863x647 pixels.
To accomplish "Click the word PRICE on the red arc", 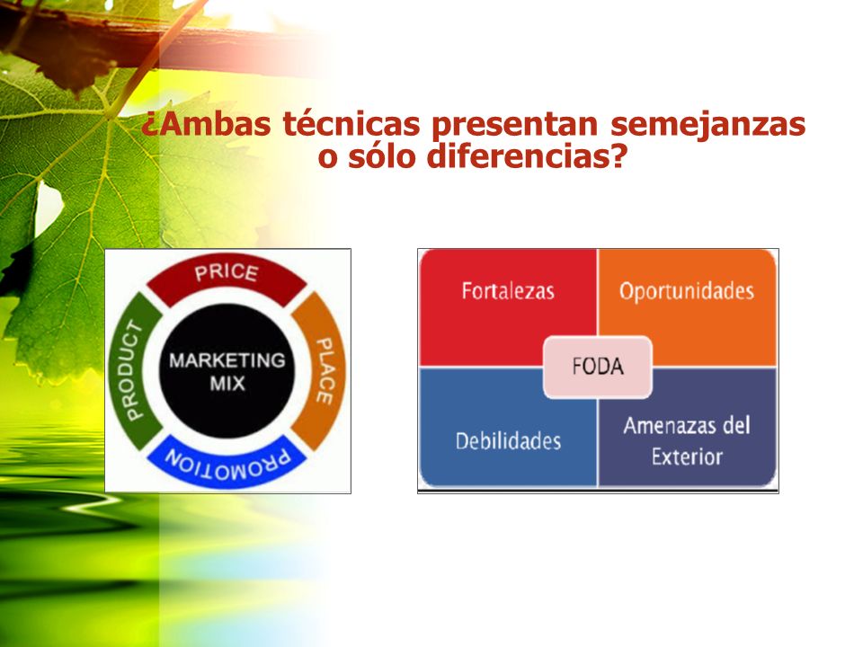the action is point(227,272).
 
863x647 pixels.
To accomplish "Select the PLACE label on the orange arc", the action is point(325,371).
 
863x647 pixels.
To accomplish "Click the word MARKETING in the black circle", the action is point(227,360).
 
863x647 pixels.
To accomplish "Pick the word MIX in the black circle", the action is point(227,384).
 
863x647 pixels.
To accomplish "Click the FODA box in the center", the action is point(598,367).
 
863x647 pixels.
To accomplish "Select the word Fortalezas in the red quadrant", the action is point(508,291).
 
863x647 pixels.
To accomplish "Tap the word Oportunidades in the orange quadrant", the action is point(687,291).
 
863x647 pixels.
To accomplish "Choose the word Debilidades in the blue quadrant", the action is point(509,441).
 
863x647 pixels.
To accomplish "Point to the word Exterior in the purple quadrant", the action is point(687,456).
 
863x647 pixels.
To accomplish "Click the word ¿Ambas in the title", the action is point(206,124).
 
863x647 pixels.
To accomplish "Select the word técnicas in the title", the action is point(351,124).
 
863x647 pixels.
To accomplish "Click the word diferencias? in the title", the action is point(527,155).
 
